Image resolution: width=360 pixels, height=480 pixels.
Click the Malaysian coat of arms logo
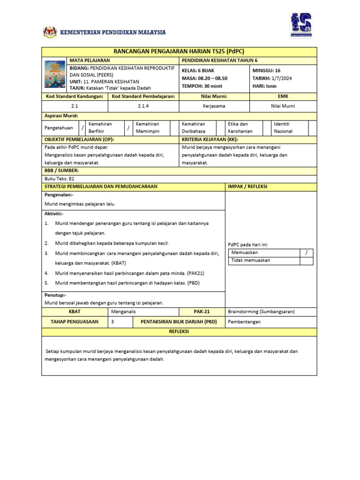50,32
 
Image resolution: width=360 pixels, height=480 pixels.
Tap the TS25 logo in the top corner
300,25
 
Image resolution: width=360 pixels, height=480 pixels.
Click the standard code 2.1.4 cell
143,106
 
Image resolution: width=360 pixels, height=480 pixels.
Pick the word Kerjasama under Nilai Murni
214,106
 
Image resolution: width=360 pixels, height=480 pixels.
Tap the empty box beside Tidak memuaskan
307,261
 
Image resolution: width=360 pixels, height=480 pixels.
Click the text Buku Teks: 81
59,179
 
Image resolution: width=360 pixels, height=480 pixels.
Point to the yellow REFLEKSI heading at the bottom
179,331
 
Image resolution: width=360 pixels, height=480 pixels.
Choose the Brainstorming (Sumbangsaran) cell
261,312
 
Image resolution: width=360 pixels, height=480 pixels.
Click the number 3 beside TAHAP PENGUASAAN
112,322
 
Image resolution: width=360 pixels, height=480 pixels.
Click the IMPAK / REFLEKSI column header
247,187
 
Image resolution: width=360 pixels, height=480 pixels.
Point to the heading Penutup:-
55,295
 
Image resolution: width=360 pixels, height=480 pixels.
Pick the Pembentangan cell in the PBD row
244,322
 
